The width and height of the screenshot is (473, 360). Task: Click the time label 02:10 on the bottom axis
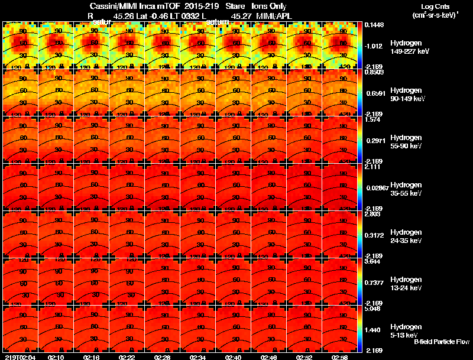click(x=56, y=357)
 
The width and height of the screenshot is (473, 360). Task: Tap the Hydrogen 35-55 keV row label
click(x=406, y=189)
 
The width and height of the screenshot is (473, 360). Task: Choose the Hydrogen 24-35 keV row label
click(x=406, y=236)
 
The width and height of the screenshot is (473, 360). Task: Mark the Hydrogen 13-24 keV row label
click(x=406, y=283)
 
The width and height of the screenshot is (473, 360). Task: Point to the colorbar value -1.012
click(x=374, y=46)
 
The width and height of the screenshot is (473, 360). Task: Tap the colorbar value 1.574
click(x=372, y=119)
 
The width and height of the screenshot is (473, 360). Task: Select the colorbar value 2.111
click(x=372, y=167)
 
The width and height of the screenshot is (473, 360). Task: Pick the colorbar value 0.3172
click(x=374, y=235)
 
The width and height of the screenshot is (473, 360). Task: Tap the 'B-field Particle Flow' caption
click(x=441, y=342)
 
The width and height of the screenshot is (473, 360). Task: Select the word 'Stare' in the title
click(x=235, y=6)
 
